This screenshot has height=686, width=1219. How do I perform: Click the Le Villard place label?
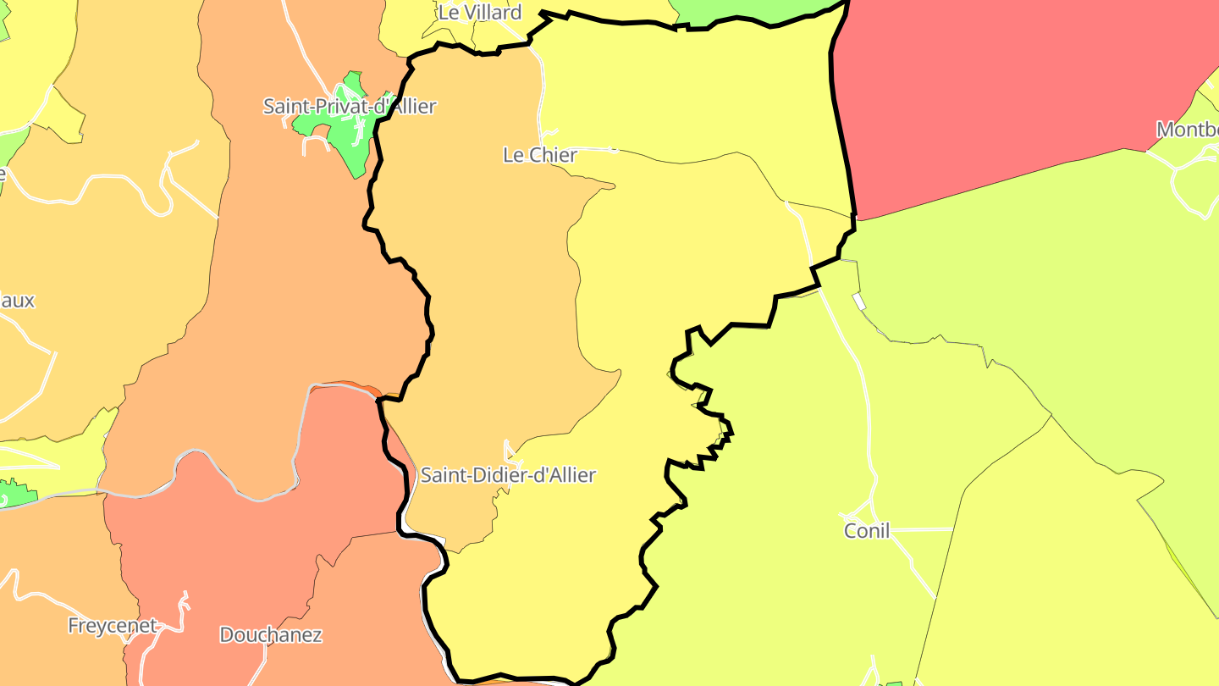click(x=479, y=13)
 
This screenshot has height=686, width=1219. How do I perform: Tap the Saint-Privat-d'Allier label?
click(x=349, y=107)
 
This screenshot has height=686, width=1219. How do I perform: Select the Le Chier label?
click(x=539, y=155)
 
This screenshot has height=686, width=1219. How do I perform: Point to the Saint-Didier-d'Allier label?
click(x=508, y=475)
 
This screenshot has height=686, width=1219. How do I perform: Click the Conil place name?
click(x=867, y=531)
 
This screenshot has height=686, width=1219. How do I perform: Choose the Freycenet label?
click(x=112, y=626)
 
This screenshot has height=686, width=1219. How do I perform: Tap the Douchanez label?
click(x=271, y=634)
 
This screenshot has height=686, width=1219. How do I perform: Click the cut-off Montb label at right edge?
click(x=1187, y=130)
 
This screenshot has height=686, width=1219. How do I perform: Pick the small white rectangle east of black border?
click(x=859, y=302)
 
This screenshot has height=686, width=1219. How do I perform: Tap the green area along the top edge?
click(x=745, y=10)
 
